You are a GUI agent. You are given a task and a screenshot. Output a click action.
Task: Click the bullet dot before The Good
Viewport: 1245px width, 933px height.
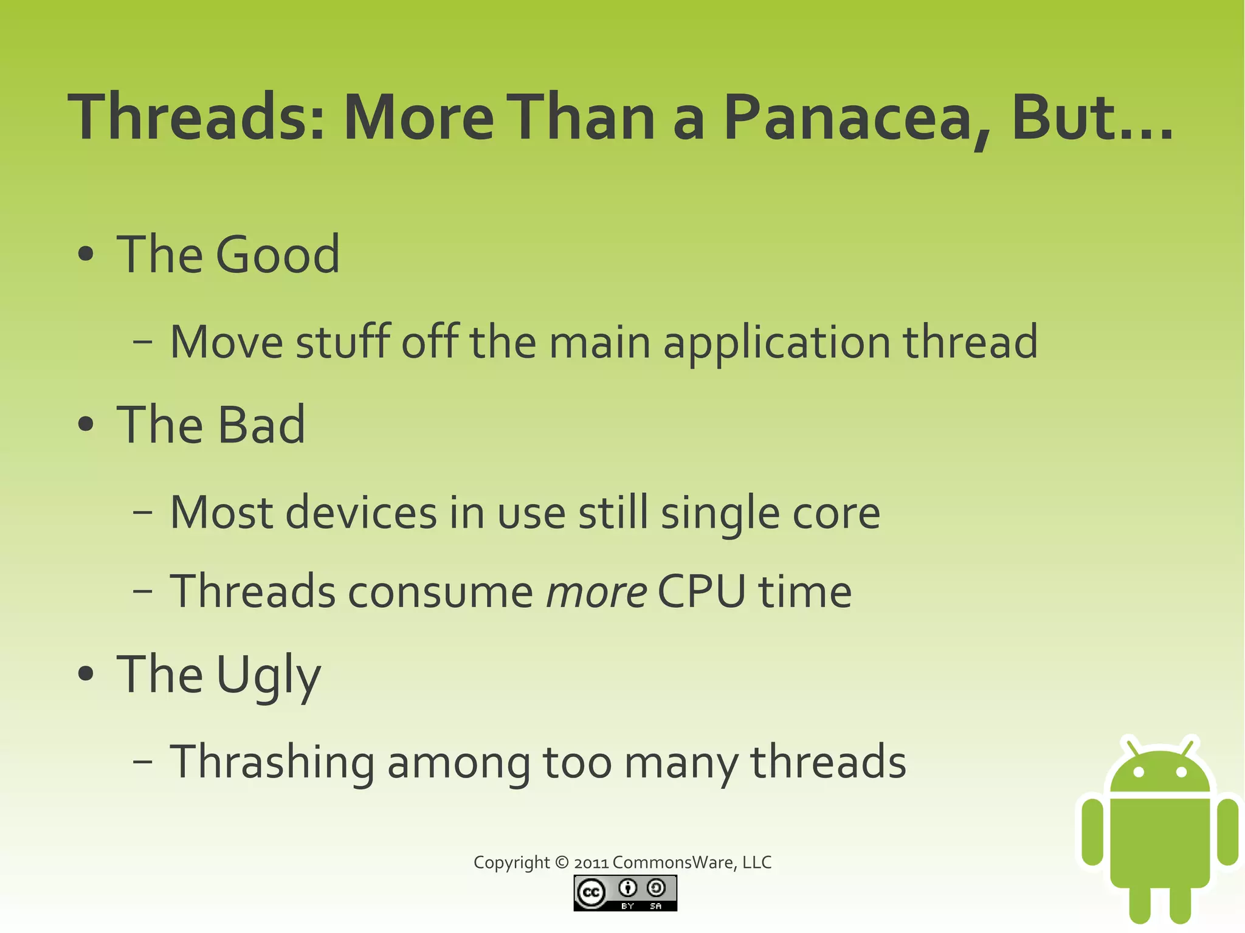click(x=86, y=254)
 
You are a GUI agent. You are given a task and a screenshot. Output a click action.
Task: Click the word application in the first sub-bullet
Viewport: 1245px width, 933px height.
click(x=777, y=343)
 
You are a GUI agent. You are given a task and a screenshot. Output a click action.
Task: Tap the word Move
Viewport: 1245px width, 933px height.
click(x=226, y=342)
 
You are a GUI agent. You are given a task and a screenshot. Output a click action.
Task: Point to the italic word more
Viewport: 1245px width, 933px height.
click(x=596, y=592)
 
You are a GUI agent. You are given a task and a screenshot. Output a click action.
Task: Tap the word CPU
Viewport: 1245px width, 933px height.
click(x=701, y=591)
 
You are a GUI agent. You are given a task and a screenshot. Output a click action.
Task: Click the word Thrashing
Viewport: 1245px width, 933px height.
click(x=272, y=762)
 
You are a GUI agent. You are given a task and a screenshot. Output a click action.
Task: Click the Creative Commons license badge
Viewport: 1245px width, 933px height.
click(x=625, y=893)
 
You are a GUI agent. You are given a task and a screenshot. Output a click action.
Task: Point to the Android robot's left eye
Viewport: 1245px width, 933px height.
click(x=1139, y=773)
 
